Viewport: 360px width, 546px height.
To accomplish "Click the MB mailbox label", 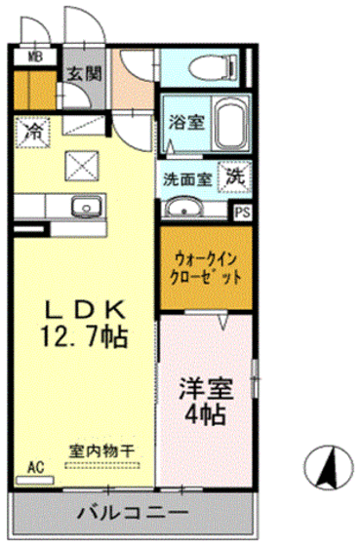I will tap(34, 56).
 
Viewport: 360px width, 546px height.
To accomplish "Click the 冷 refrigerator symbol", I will tap(33, 131).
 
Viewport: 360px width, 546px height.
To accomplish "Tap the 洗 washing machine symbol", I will tap(235, 176).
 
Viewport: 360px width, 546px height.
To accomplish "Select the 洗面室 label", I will tap(188, 179).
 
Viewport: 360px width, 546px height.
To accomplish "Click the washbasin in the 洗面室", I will tap(182, 209).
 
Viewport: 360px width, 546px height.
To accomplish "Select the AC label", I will tap(35, 466).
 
